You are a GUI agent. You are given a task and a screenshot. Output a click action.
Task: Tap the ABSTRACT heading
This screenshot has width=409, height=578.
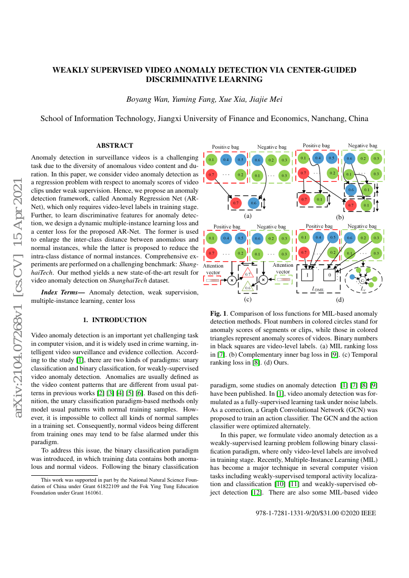point(115,145)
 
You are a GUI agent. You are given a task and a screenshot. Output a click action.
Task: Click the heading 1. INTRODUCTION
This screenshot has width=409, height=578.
point(115,320)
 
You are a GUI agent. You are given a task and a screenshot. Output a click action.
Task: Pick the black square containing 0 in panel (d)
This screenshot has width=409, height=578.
point(329,273)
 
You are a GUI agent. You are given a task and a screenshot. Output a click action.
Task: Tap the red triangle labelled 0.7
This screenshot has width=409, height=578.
point(248,273)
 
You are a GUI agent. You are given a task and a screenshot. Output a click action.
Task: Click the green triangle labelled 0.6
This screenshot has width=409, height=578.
point(248,286)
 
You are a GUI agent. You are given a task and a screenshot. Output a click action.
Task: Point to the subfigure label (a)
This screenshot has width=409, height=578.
point(248,216)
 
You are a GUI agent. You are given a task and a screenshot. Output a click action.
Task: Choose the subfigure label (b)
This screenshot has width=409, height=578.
point(340,217)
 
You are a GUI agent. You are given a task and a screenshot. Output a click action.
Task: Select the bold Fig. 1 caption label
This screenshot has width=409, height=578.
point(218,313)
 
